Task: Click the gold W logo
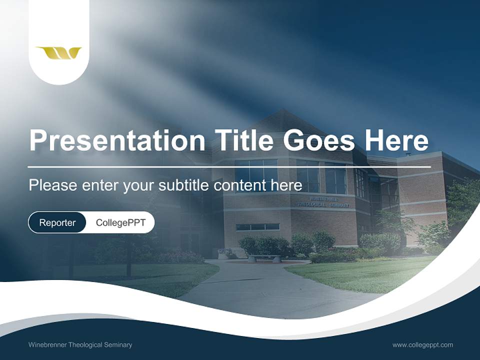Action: (58, 52)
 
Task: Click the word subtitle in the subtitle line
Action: (185, 185)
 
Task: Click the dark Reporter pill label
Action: (57, 222)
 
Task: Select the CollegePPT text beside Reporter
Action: (120, 222)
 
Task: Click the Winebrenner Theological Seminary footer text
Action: (80, 345)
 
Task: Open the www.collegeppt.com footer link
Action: (422, 345)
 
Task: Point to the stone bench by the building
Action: (264, 258)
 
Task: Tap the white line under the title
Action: (229, 166)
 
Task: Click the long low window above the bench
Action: (257, 227)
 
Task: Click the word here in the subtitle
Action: (287, 185)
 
